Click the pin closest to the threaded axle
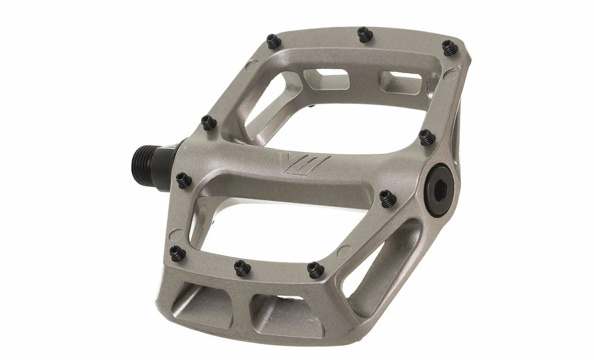[x=183, y=178]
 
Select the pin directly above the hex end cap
[x=426, y=136]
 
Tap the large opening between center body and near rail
[x=273, y=220]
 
